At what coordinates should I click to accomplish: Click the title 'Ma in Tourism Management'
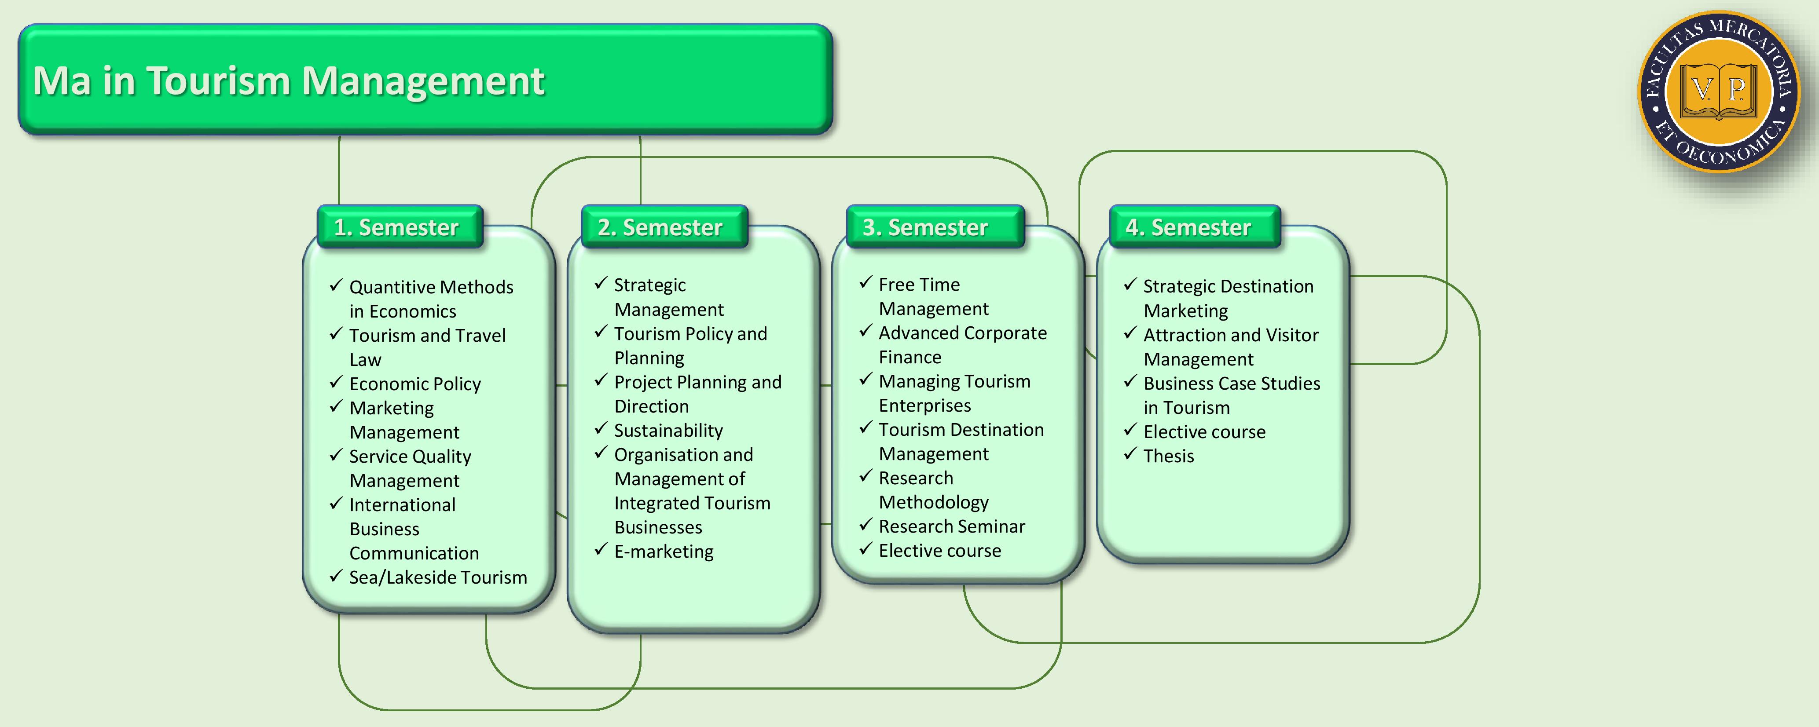288,80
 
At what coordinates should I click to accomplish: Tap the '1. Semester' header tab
396,227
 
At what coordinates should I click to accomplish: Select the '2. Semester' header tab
660,227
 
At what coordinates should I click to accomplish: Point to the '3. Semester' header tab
925,227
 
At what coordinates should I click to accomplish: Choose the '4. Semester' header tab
1188,227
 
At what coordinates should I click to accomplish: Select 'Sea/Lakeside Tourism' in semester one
438,577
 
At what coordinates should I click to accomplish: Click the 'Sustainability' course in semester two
668,431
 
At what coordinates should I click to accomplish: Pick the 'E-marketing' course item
664,551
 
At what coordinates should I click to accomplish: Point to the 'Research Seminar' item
951,526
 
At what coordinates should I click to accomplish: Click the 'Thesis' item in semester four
1169,456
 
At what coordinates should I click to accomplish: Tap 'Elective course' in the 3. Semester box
939,551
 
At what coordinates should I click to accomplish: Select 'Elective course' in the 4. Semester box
1204,432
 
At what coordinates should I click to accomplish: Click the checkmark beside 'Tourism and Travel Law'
336,334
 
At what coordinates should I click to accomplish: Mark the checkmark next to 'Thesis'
1130,454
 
